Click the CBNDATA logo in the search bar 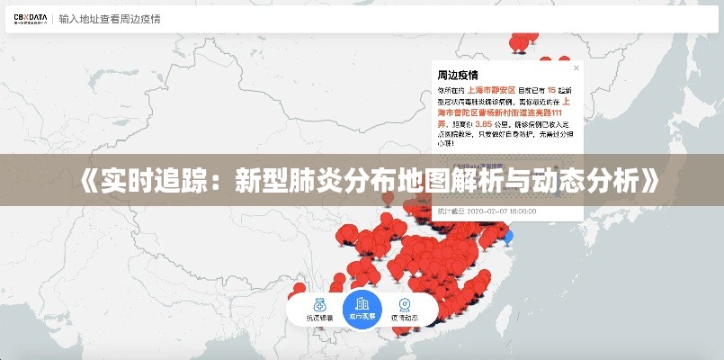pos(29,19)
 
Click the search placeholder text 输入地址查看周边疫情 pos(110,19)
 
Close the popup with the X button pos(577,67)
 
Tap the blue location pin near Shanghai pos(509,237)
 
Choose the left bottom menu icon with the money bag pos(319,303)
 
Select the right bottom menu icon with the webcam pos(405,303)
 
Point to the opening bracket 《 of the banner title pos(78,180)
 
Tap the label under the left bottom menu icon pos(319,319)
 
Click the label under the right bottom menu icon pos(405,319)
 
